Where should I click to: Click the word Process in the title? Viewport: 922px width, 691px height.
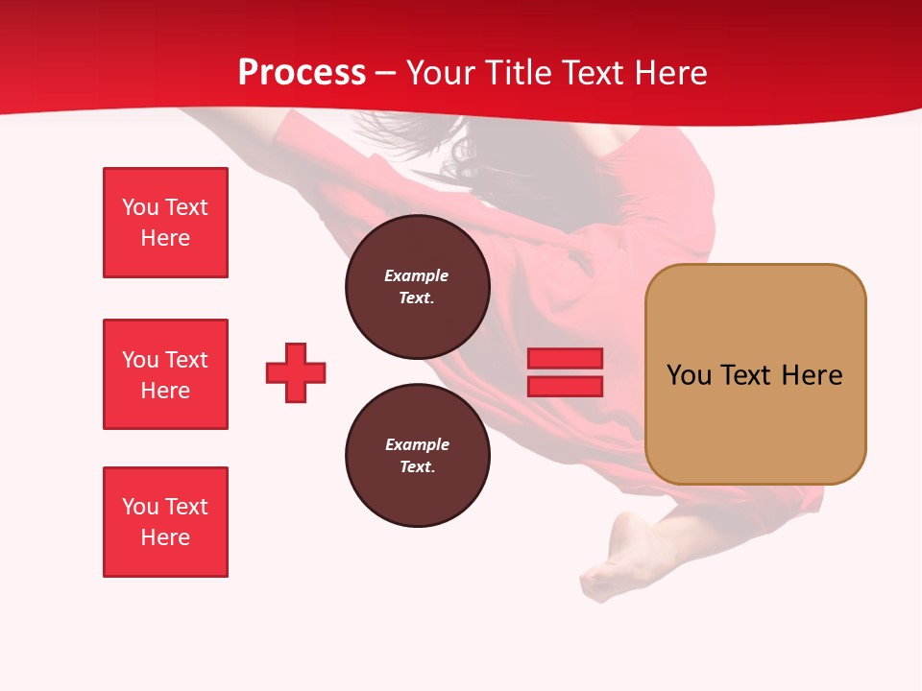[302, 73]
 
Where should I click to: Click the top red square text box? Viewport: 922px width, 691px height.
[165, 223]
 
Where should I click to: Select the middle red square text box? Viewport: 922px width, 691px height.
[165, 374]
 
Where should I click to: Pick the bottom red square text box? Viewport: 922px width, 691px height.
[165, 522]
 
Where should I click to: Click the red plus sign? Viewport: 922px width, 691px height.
[296, 372]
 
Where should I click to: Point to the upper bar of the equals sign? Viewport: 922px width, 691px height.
[565, 359]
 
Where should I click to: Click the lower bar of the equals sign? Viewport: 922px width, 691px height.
[565, 386]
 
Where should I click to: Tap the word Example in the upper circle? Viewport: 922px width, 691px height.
[416, 275]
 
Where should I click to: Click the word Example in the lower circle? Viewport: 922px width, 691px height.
[417, 444]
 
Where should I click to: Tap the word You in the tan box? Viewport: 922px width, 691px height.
[688, 375]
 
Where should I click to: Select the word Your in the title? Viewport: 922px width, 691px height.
[440, 73]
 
